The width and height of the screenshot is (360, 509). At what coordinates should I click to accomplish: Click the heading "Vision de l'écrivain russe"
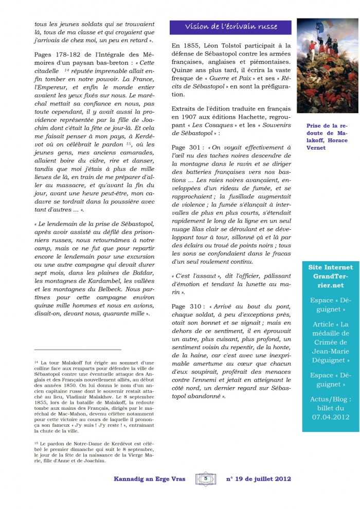[230, 27]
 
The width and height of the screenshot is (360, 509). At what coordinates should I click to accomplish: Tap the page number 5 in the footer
[206, 478]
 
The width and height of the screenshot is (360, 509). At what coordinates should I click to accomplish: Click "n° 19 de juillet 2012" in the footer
[259, 479]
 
